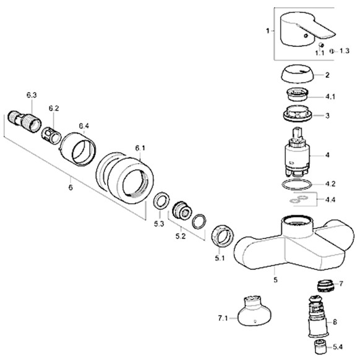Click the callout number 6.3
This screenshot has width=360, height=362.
tap(32, 95)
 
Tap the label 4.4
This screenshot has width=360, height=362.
tap(330, 200)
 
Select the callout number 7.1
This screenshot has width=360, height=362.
tap(223, 319)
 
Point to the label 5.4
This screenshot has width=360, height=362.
tap(338, 347)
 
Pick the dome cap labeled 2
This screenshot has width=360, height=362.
tap(298, 74)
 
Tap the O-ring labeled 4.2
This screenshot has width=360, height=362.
tap(297, 185)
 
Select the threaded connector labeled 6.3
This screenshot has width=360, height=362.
tap(24, 121)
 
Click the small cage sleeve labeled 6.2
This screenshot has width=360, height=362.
tap(51, 135)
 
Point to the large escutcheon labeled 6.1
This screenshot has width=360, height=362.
tap(125, 178)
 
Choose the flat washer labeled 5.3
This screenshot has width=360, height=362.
tap(161, 200)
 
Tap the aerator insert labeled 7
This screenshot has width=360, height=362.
tap(325, 286)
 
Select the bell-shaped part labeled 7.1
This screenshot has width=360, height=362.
tap(254, 311)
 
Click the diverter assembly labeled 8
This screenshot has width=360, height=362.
tap(318, 316)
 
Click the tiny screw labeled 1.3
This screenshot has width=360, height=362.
tap(332, 51)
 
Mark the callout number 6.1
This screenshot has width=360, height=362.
tap(140, 148)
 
